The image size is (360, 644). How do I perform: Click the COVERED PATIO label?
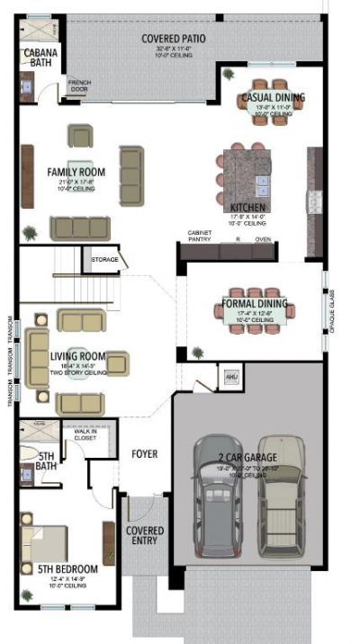click(x=174, y=39)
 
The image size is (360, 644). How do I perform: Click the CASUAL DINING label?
click(x=273, y=97)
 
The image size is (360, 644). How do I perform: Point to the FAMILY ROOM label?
click(x=76, y=172)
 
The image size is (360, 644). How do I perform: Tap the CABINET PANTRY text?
click(x=200, y=236)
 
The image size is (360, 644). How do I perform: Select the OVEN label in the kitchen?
click(x=263, y=240)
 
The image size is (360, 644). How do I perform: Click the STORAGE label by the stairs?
click(x=104, y=259)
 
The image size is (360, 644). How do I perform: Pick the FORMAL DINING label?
click(x=255, y=304)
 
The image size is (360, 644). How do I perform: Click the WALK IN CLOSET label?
click(x=85, y=435)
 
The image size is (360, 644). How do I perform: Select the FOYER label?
click(x=145, y=454)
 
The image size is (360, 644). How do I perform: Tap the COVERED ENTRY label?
click(x=145, y=535)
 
